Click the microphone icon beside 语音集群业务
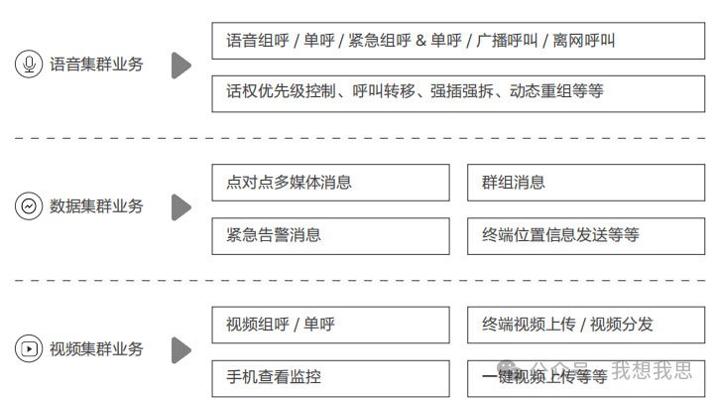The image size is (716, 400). [x=28, y=65]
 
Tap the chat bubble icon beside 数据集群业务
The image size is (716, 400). [x=28, y=206]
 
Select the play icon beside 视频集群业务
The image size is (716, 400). [x=28, y=349]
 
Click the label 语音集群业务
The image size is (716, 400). [x=96, y=65]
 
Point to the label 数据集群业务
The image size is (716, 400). [x=96, y=206]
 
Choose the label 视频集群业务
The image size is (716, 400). [x=96, y=349]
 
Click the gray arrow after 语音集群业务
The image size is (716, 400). [x=180, y=66]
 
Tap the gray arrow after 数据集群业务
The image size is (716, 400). [x=180, y=207]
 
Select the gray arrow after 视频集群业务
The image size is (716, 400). [x=180, y=349]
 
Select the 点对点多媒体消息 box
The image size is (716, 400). [x=330, y=183]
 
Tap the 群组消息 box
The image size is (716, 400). [x=586, y=183]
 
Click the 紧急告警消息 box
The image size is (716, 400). [x=330, y=235]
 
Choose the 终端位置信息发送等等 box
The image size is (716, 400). [x=586, y=235]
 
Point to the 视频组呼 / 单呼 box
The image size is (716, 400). [x=330, y=325]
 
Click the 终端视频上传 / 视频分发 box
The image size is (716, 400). [x=586, y=325]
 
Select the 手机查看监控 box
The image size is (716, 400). [x=330, y=377]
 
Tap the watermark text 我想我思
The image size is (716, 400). [x=652, y=371]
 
